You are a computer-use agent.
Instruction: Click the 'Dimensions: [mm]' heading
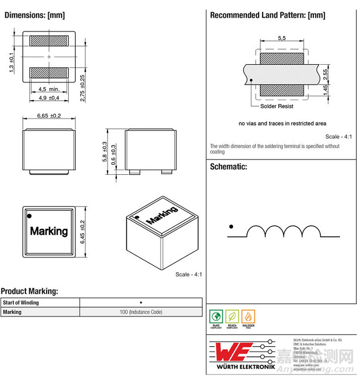pyautogui.click(x=34, y=15)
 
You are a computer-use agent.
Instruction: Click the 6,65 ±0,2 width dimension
pyautogui.click(x=49, y=116)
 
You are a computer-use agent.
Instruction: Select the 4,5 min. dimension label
pyautogui.click(x=49, y=89)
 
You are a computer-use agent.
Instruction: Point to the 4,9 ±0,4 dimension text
pyautogui.click(x=49, y=98)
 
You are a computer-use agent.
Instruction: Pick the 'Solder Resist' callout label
pyautogui.click(x=276, y=106)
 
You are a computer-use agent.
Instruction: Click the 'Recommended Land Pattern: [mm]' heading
pyautogui.click(x=268, y=15)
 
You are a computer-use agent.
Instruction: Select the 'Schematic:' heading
pyautogui.click(x=228, y=166)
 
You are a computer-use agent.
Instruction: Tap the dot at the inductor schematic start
pyautogui.click(x=231, y=226)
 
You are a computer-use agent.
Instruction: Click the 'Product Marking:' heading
pyautogui.click(x=29, y=291)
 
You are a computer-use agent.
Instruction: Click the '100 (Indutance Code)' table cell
pyautogui.click(x=141, y=312)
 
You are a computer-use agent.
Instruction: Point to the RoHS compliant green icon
pyautogui.click(x=216, y=318)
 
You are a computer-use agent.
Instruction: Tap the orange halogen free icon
pyautogui.click(x=248, y=318)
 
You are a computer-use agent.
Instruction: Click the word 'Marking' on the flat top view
pyautogui.click(x=49, y=231)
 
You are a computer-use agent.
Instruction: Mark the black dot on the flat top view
pyautogui.click(x=30, y=215)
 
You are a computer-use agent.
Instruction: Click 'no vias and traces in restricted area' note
pyautogui.click(x=282, y=123)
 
